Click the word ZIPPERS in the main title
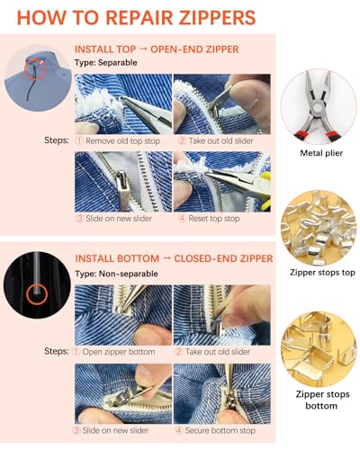pos(217,18)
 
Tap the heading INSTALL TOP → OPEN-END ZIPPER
pos(157,49)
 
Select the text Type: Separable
pos(106,63)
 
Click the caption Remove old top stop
pos(122,141)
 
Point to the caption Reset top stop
pos(213,219)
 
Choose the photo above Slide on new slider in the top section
pos(123,182)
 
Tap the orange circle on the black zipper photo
pos(37,294)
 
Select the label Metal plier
pos(321,153)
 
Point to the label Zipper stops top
pos(322,273)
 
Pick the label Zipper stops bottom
pos(322,400)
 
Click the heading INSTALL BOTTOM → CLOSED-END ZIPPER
pos(174,258)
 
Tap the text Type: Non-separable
pos(116,274)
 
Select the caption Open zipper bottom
pos(119,352)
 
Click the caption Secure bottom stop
pos(220,430)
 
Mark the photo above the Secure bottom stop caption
pos(222,393)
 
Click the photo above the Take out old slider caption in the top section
pos(222,104)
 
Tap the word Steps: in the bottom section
pos(57,351)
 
